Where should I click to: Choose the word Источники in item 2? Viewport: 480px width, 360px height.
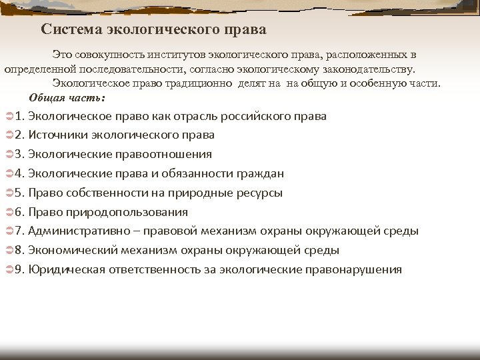click(55, 135)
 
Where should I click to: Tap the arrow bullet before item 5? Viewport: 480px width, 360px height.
click(7, 193)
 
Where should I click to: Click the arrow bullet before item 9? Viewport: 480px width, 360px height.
click(7, 270)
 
